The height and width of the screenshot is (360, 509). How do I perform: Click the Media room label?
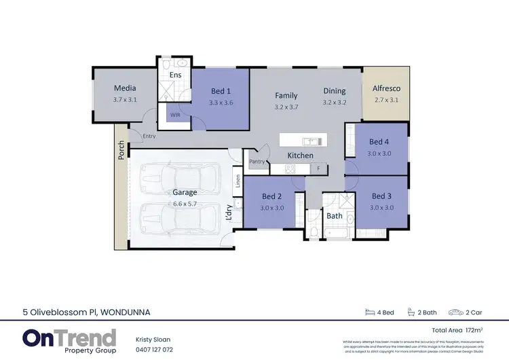pyautogui.click(x=125, y=88)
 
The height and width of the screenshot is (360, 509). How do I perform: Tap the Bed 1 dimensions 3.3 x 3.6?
pyautogui.click(x=221, y=103)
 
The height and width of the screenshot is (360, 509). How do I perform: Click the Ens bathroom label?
pyautogui.click(x=175, y=75)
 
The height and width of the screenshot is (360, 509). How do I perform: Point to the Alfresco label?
pyautogui.click(x=387, y=88)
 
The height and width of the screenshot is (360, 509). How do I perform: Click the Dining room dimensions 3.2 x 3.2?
pyautogui.click(x=334, y=103)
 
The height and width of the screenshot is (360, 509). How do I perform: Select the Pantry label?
pyautogui.click(x=257, y=162)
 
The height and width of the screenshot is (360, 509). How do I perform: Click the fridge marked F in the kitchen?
pyautogui.click(x=318, y=167)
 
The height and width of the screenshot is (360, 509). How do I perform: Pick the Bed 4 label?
pyautogui.click(x=379, y=142)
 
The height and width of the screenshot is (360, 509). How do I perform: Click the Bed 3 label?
pyautogui.click(x=381, y=196)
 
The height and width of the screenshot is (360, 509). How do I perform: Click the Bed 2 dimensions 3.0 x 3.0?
pyautogui.click(x=273, y=208)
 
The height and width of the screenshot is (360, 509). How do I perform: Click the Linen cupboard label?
pyautogui.click(x=238, y=181)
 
